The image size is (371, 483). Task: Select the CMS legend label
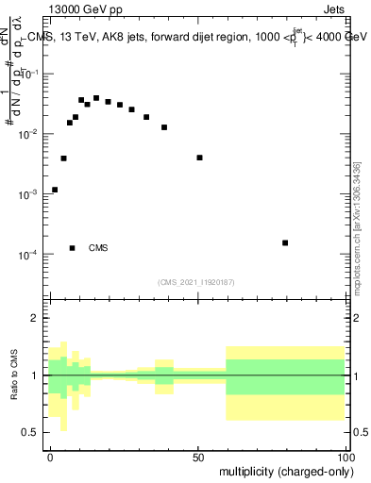click(98, 248)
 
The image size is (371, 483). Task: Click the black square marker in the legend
click(73, 248)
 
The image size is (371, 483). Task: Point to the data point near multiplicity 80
click(285, 242)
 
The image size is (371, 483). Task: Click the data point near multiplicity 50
click(199, 158)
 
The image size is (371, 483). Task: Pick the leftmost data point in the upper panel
click(55, 190)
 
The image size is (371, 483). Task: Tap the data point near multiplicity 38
click(164, 127)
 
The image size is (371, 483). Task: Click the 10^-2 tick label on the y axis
click(30, 135)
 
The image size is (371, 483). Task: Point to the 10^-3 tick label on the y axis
click(30, 194)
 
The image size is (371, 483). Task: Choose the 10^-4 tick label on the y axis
click(30, 255)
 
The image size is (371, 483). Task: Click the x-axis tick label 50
click(199, 457)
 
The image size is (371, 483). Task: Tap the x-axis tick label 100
click(346, 457)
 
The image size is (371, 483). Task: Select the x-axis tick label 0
click(51, 457)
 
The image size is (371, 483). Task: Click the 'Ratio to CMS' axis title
click(12, 375)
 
